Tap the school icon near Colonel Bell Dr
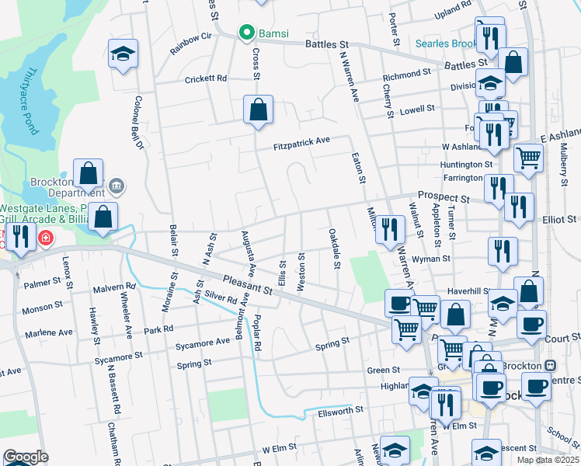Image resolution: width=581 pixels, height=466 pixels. (122, 54)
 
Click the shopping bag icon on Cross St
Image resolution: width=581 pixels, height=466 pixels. (258, 110)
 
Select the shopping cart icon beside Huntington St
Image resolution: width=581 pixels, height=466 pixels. (529, 158)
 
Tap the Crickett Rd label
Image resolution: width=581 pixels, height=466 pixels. (205, 79)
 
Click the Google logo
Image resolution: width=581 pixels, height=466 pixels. (25, 457)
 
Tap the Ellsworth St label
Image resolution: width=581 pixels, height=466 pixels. (338, 409)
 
